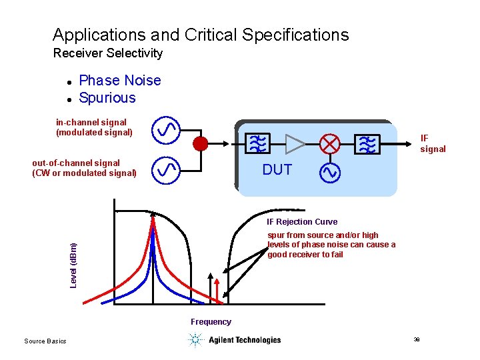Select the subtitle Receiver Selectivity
coord(107,53)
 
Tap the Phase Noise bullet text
coord(120,81)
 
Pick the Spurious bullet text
coord(107,98)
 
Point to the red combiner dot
coord(200,143)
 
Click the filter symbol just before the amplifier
coord(256,143)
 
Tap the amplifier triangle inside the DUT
coord(294,143)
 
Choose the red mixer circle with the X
coord(330,143)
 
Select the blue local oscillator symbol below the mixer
coord(330,173)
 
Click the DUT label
coord(277,170)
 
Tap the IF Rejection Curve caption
coord(302,222)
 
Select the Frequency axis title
coord(211,322)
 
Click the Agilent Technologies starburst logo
coord(195,340)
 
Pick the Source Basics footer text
coord(45,341)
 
